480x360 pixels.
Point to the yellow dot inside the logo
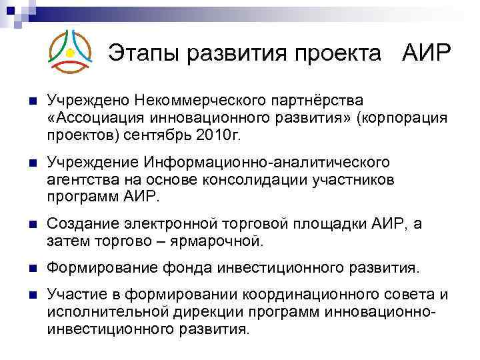70,52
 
